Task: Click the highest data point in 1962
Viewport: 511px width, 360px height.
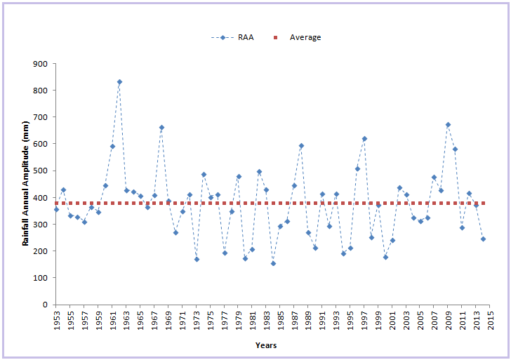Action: tap(119, 82)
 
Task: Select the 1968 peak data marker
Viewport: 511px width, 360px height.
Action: tap(161, 128)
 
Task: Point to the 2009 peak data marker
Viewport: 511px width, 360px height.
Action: tap(448, 125)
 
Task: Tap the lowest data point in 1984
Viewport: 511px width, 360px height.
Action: tap(273, 264)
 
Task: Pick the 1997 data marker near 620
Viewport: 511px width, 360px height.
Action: tap(364, 139)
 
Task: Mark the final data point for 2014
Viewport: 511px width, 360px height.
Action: tap(483, 239)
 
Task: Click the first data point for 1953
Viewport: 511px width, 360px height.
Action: tap(56, 209)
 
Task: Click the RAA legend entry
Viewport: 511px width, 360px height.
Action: tap(232, 37)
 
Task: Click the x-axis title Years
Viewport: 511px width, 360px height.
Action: tap(266, 345)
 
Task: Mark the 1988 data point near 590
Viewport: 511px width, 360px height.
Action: tap(301, 146)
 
